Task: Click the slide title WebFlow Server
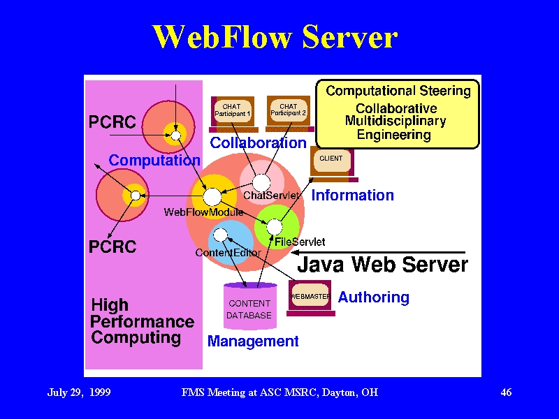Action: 275,37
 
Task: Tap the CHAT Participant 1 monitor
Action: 233,114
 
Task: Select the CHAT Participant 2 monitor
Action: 289,114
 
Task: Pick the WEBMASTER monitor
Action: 310,298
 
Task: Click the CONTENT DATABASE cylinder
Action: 250,306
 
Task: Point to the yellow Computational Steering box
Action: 398,114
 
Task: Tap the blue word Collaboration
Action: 258,143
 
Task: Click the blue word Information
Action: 353,196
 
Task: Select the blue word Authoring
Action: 373,297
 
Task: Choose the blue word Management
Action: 253,341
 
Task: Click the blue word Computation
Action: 154,161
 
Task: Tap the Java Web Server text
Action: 382,265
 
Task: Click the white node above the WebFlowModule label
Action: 212,197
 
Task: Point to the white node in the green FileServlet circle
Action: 275,226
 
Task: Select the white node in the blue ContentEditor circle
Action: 220,235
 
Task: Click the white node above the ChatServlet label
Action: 261,183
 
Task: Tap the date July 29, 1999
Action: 79,392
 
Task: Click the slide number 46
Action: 506,392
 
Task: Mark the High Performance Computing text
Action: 142,322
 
